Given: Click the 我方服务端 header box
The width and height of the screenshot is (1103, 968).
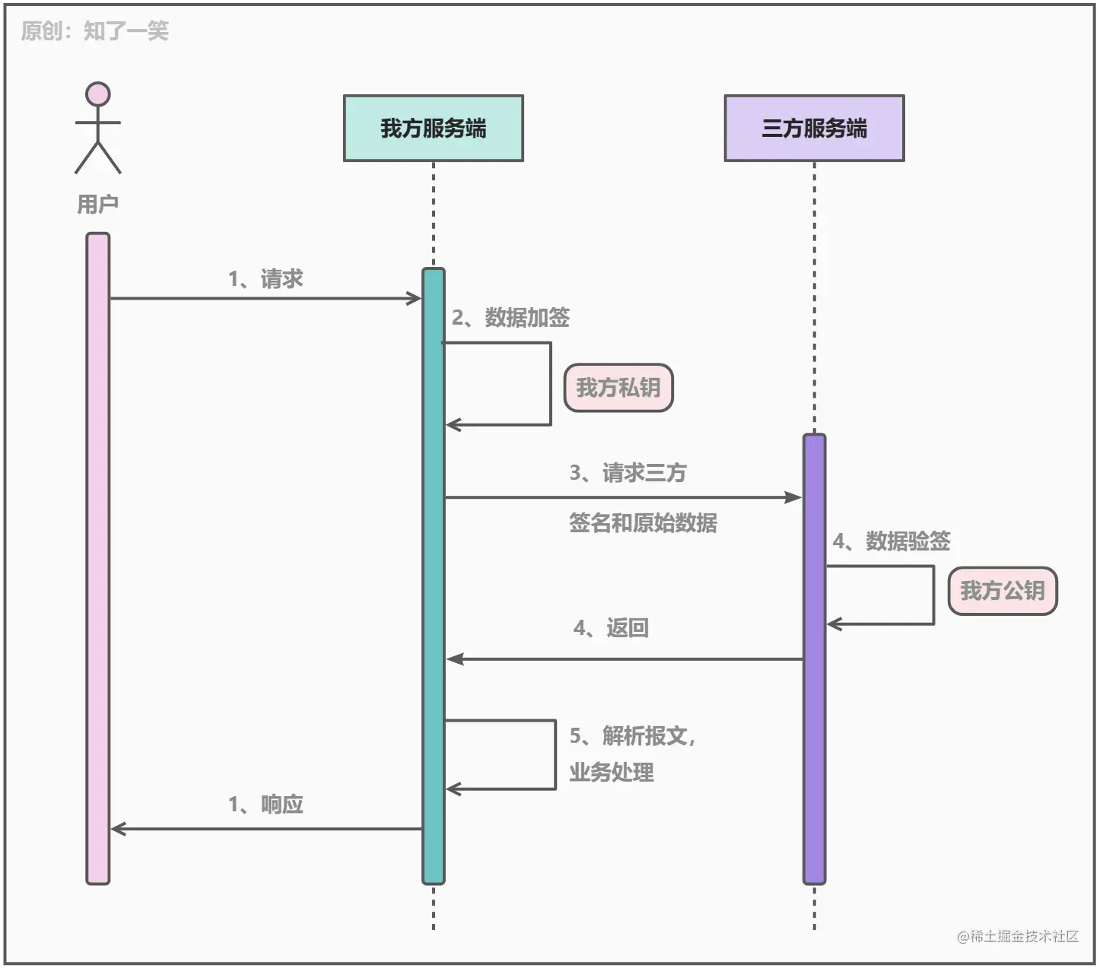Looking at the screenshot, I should (x=433, y=128).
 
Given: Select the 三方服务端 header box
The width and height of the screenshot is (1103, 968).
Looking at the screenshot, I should (x=814, y=128).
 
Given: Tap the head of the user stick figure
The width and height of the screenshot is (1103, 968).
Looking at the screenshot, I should (x=98, y=94).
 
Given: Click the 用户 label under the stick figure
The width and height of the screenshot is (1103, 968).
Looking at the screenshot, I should (x=98, y=204).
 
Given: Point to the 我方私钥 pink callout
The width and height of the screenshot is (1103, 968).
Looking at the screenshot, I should (x=618, y=388).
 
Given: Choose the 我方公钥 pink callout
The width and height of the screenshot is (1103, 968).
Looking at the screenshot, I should (x=1003, y=591).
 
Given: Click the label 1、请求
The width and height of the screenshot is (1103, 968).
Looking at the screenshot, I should (x=265, y=279).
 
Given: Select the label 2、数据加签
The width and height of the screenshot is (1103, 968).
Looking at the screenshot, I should (x=510, y=318).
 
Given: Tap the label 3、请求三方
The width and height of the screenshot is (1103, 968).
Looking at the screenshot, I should (x=628, y=473).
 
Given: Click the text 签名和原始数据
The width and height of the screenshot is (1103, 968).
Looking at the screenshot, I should (x=643, y=523).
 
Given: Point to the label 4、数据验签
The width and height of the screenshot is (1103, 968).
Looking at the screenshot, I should (x=892, y=541).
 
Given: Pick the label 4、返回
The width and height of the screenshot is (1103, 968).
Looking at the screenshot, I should (x=611, y=628).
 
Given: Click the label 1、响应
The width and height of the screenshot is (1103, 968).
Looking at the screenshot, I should (x=265, y=805).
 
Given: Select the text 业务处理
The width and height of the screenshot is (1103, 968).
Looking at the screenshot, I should (x=612, y=773).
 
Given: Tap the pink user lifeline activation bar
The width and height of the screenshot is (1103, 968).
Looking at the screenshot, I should (x=98, y=558).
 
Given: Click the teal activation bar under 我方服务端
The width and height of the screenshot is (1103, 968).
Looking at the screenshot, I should (x=434, y=576).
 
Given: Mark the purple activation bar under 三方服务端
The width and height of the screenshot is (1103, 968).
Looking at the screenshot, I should (x=814, y=659).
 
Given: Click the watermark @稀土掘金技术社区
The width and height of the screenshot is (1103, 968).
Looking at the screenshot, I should (x=1018, y=936).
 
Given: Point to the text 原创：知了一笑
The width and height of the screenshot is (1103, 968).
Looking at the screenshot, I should (x=94, y=31).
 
